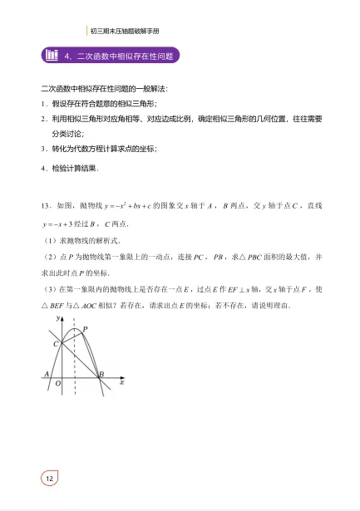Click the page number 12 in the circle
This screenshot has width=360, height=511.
point(49,479)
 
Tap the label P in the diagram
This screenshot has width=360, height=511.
point(85,330)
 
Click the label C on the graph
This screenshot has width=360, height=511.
point(56,343)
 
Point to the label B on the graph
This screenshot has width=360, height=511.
point(101,376)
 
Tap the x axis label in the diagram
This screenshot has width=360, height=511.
point(121,383)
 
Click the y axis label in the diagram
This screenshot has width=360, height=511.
point(58,318)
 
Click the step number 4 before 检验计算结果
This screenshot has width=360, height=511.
point(42,169)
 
